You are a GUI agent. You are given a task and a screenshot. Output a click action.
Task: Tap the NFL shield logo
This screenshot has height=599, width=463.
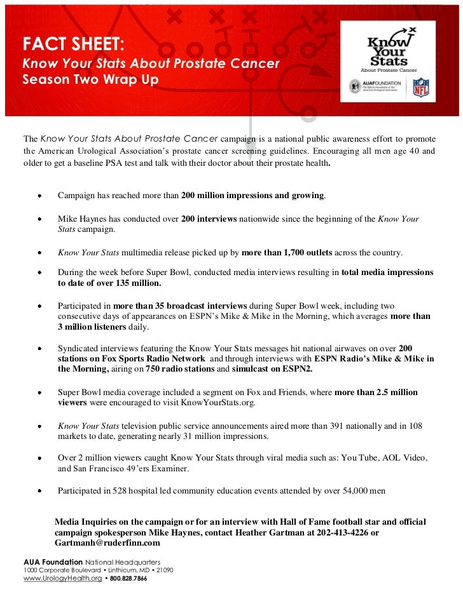[x=421, y=87]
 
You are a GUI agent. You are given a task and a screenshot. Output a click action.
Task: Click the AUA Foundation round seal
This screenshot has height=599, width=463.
[x=355, y=86]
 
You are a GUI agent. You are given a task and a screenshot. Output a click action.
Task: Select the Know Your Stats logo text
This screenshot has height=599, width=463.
[x=387, y=51]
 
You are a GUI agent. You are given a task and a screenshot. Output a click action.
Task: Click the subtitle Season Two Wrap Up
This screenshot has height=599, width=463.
[x=90, y=81]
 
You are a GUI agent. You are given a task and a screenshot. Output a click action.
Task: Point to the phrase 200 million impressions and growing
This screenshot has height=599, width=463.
[x=252, y=196]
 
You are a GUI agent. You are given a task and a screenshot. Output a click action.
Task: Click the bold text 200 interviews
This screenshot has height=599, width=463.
[x=209, y=219]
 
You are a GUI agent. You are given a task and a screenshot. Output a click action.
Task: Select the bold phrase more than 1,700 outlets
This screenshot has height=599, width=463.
[x=287, y=253]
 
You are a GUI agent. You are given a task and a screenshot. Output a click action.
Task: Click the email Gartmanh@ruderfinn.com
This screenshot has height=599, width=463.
[x=107, y=543]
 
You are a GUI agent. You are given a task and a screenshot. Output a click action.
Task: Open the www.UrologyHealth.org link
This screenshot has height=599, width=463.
[x=62, y=580]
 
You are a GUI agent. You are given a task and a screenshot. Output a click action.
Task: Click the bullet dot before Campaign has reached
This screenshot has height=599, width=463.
[x=40, y=196]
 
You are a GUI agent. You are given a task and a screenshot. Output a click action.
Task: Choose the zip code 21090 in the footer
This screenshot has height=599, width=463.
[x=162, y=570]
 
